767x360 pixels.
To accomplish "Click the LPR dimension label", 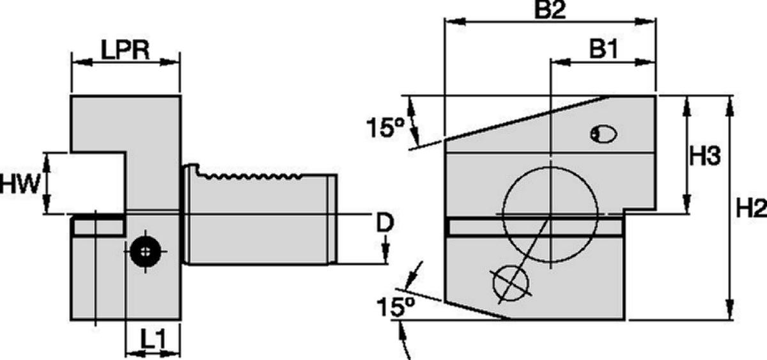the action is click(125, 50).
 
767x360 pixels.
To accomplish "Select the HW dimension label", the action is click(20, 184).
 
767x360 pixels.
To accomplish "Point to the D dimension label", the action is click(385, 223).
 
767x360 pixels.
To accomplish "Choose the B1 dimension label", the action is click(603, 49).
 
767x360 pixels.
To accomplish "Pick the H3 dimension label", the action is click(704, 155).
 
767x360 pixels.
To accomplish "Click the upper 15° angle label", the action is click(385, 127).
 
